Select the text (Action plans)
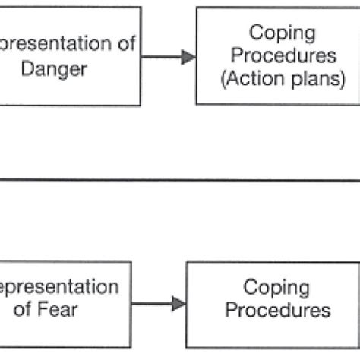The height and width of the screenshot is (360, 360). [x=276, y=80]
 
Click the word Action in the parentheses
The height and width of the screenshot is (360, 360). [x=257, y=80]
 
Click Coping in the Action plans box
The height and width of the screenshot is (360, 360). [x=276, y=34]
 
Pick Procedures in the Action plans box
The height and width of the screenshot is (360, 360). [x=276, y=56]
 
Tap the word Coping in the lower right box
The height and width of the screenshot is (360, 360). [x=276, y=289]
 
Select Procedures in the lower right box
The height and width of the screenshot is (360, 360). [x=276, y=310]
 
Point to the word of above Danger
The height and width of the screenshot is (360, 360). [x=124, y=44]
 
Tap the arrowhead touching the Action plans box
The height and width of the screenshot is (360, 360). [x=189, y=57]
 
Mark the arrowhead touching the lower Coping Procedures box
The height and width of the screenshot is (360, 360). [x=178, y=304]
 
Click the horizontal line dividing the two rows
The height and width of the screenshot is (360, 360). [x=180, y=181]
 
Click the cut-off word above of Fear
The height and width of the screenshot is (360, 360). [x=58, y=289]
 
